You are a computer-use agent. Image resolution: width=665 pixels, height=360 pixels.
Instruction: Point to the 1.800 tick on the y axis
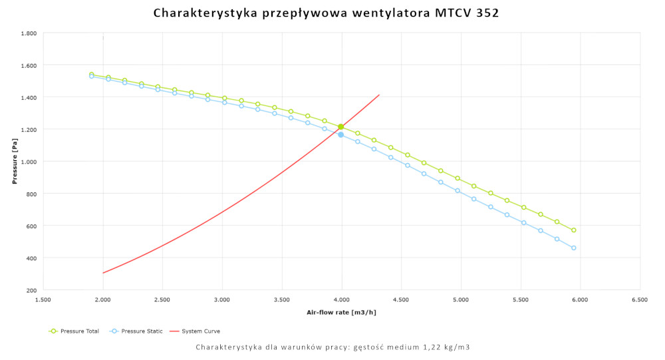pos(27,33)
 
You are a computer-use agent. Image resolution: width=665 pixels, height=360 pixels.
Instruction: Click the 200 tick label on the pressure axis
pos(31,290)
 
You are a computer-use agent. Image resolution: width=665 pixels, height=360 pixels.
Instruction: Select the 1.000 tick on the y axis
pos(27,162)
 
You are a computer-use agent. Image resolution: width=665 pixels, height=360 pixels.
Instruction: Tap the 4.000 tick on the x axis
pos(341,300)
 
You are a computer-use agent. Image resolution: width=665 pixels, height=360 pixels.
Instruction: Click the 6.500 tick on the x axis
pos(640,300)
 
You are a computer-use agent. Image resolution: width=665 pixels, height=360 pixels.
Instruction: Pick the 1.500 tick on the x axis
pos(43,300)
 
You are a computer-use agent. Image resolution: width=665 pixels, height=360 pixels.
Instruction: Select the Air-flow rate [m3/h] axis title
pos(341,312)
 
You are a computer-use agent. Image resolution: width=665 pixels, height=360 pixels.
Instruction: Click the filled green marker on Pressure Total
pos(340,126)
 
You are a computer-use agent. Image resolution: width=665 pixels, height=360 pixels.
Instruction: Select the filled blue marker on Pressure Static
pos(340,134)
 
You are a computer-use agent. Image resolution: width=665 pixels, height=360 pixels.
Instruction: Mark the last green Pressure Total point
pos(573,230)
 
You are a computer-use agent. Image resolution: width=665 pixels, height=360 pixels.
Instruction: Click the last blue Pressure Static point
pos(573,248)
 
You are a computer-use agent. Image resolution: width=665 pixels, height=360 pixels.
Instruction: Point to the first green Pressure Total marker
pos(92,75)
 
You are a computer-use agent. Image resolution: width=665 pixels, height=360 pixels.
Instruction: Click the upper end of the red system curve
pos(378,94)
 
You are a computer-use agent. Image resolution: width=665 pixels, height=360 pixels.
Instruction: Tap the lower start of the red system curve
pos(104,272)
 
